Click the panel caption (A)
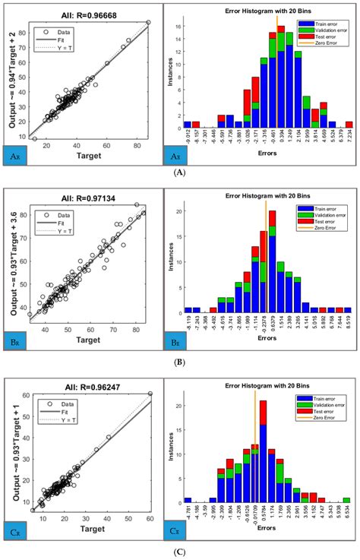tap(179, 173)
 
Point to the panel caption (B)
tap(179, 363)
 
